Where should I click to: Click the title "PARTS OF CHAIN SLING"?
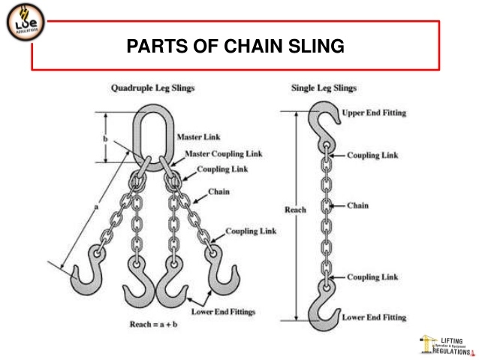[x=235, y=47]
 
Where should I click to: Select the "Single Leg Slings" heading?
[x=324, y=88]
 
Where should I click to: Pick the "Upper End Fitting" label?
[x=374, y=113]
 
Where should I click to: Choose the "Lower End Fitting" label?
[x=374, y=317]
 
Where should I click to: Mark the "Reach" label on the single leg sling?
[x=295, y=210]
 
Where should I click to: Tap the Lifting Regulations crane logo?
[x=445, y=344]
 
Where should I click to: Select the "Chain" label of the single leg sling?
[x=357, y=204]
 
